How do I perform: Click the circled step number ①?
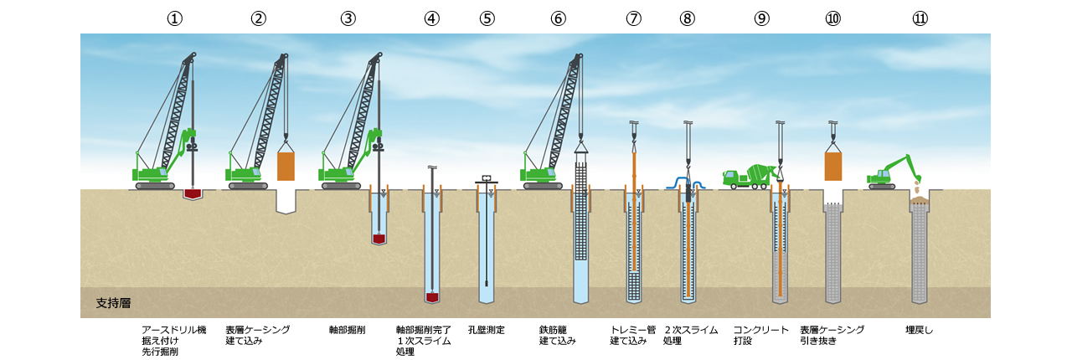174,19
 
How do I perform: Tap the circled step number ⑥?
559,19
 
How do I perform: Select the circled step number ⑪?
920,19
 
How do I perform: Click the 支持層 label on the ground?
113,302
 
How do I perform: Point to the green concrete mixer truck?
748,176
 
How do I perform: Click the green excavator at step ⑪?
889,173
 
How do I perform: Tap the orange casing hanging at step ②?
286,166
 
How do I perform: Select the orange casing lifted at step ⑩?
832,166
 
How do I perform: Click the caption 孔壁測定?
487,330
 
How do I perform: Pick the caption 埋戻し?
919,330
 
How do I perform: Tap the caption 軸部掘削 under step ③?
347,330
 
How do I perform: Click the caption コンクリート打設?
760,335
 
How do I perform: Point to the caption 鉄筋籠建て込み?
558,335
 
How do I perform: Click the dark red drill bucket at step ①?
193,194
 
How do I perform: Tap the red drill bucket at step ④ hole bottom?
432,297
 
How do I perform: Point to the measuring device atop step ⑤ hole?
487,179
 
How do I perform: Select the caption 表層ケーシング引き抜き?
832,335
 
